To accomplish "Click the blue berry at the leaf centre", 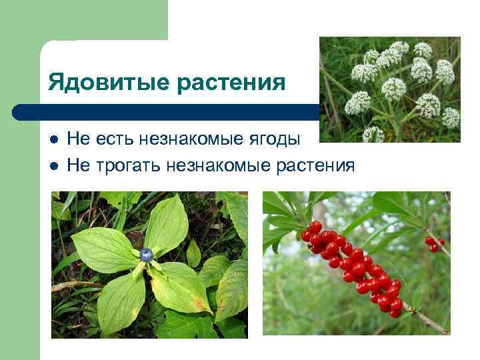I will [x=147, y=254].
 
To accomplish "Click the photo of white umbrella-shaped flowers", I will [x=389, y=89].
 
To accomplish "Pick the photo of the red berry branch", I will [x=356, y=263].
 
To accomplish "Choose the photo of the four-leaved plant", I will [x=149, y=265].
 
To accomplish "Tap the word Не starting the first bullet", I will [x=77, y=139].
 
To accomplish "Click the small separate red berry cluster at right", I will [x=434, y=243].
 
